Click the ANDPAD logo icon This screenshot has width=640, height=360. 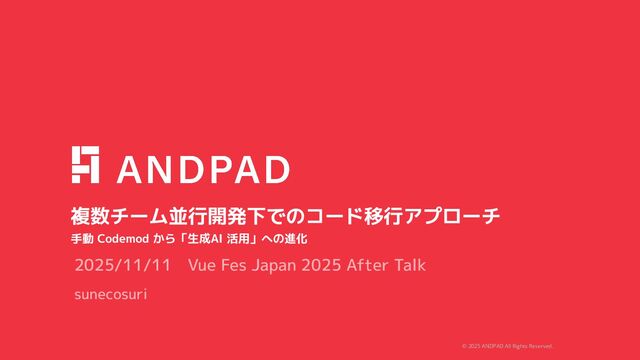[85, 165]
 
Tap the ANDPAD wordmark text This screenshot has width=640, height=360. [204, 169]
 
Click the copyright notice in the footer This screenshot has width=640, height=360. [507, 346]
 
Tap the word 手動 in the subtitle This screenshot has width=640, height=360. [81, 240]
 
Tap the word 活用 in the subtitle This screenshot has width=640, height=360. [238, 240]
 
